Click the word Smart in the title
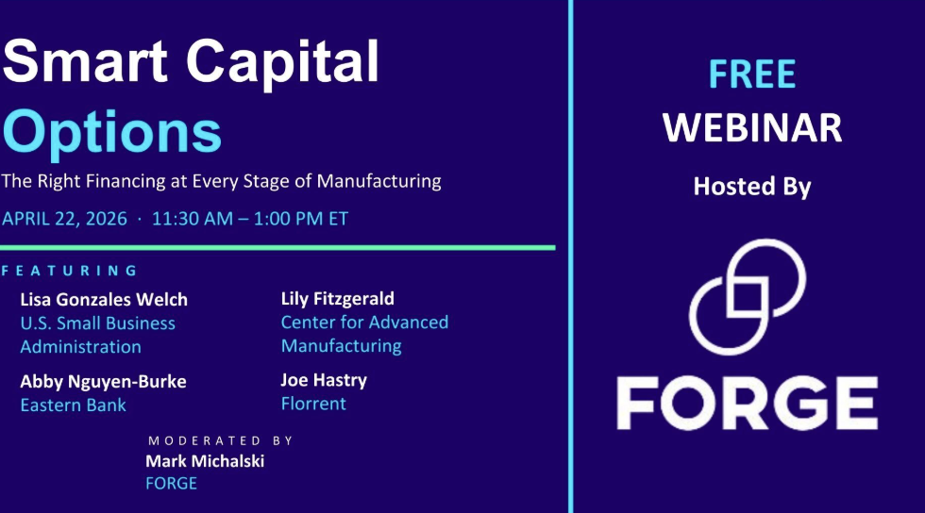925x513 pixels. point(85,60)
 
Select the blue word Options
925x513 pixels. point(112,133)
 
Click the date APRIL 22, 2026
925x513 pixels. point(64,219)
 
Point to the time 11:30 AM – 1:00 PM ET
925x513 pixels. point(250,219)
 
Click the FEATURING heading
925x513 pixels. point(70,271)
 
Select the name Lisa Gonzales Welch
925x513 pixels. point(104,300)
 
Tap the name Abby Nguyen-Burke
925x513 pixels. point(103,382)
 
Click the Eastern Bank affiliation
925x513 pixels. point(74,405)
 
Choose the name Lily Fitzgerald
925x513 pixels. point(338,299)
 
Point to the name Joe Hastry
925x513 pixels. point(324,380)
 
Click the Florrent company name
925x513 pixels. point(313,404)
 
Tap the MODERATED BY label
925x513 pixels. point(221,440)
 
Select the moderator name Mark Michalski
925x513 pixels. point(205,461)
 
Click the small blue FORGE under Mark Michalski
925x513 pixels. point(171,484)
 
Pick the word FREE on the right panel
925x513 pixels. point(752,74)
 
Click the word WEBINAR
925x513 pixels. point(752,128)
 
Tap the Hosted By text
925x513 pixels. point(752,187)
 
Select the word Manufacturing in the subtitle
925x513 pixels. point(378,180)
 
